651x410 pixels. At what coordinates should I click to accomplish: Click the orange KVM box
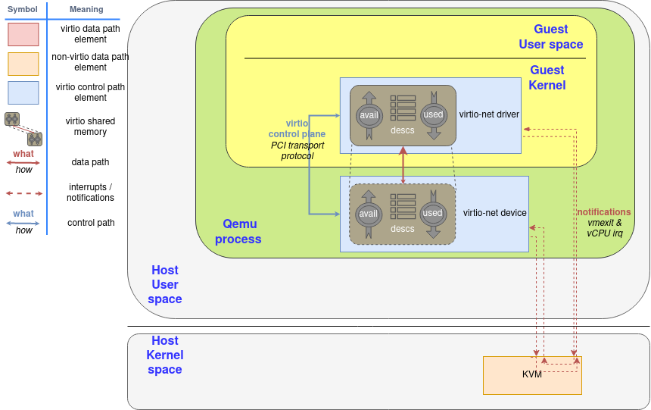532,375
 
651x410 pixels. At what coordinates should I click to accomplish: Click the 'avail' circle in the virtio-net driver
369,115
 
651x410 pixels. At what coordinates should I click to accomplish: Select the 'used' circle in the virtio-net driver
433,115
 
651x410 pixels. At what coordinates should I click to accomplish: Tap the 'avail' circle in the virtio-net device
369,214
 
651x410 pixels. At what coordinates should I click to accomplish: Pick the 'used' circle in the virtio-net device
433,214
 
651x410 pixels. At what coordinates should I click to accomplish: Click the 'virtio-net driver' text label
489,115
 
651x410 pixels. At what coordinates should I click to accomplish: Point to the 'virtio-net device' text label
495,214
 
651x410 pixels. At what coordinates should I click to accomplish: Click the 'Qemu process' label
238,231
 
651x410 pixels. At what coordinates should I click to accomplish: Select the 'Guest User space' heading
550,36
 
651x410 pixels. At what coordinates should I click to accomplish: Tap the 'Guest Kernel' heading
547,77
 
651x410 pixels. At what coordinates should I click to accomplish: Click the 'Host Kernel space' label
165,355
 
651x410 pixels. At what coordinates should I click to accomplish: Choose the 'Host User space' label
165,284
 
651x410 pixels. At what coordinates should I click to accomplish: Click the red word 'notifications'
603,212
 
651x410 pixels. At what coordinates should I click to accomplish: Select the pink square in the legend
23,35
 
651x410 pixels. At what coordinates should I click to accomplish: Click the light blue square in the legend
23,92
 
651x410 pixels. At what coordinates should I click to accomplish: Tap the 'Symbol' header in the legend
23,9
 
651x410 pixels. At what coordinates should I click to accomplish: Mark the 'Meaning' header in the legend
86,9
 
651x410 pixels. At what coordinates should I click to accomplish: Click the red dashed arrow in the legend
23,192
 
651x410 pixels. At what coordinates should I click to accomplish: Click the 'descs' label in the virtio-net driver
403,130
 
